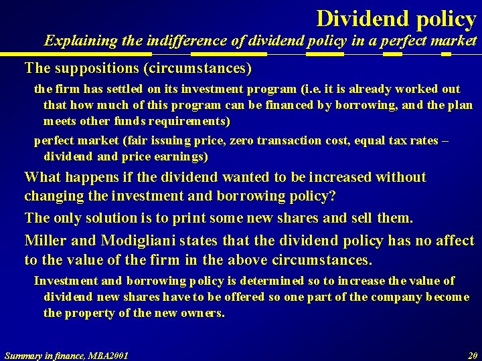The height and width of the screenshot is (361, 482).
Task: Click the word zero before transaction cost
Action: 236,141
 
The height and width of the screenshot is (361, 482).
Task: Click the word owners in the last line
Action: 202,313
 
